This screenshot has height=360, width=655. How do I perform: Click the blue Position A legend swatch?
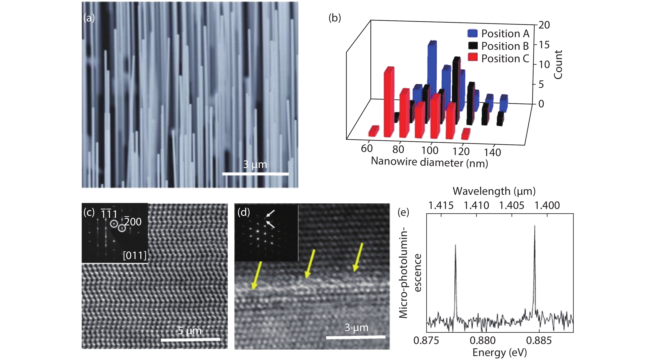[x=472, y=33]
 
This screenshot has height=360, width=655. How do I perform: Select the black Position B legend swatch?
[x=472, y=46]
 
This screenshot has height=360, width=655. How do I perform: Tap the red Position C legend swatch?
[x=472, y=58]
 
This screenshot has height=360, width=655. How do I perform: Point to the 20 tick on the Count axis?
[x=544, y=25]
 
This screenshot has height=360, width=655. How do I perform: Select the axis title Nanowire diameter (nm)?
[x=429, y=162]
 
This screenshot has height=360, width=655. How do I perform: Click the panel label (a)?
[x=89, y=18]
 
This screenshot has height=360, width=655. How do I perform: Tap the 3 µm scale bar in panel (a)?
[x=255, y=174]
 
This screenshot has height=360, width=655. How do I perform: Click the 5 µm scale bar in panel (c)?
[x=190, y=339]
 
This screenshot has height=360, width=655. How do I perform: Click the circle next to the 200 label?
[x=122, y=228]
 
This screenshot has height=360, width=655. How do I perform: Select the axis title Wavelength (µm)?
[x=494, y=191]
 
